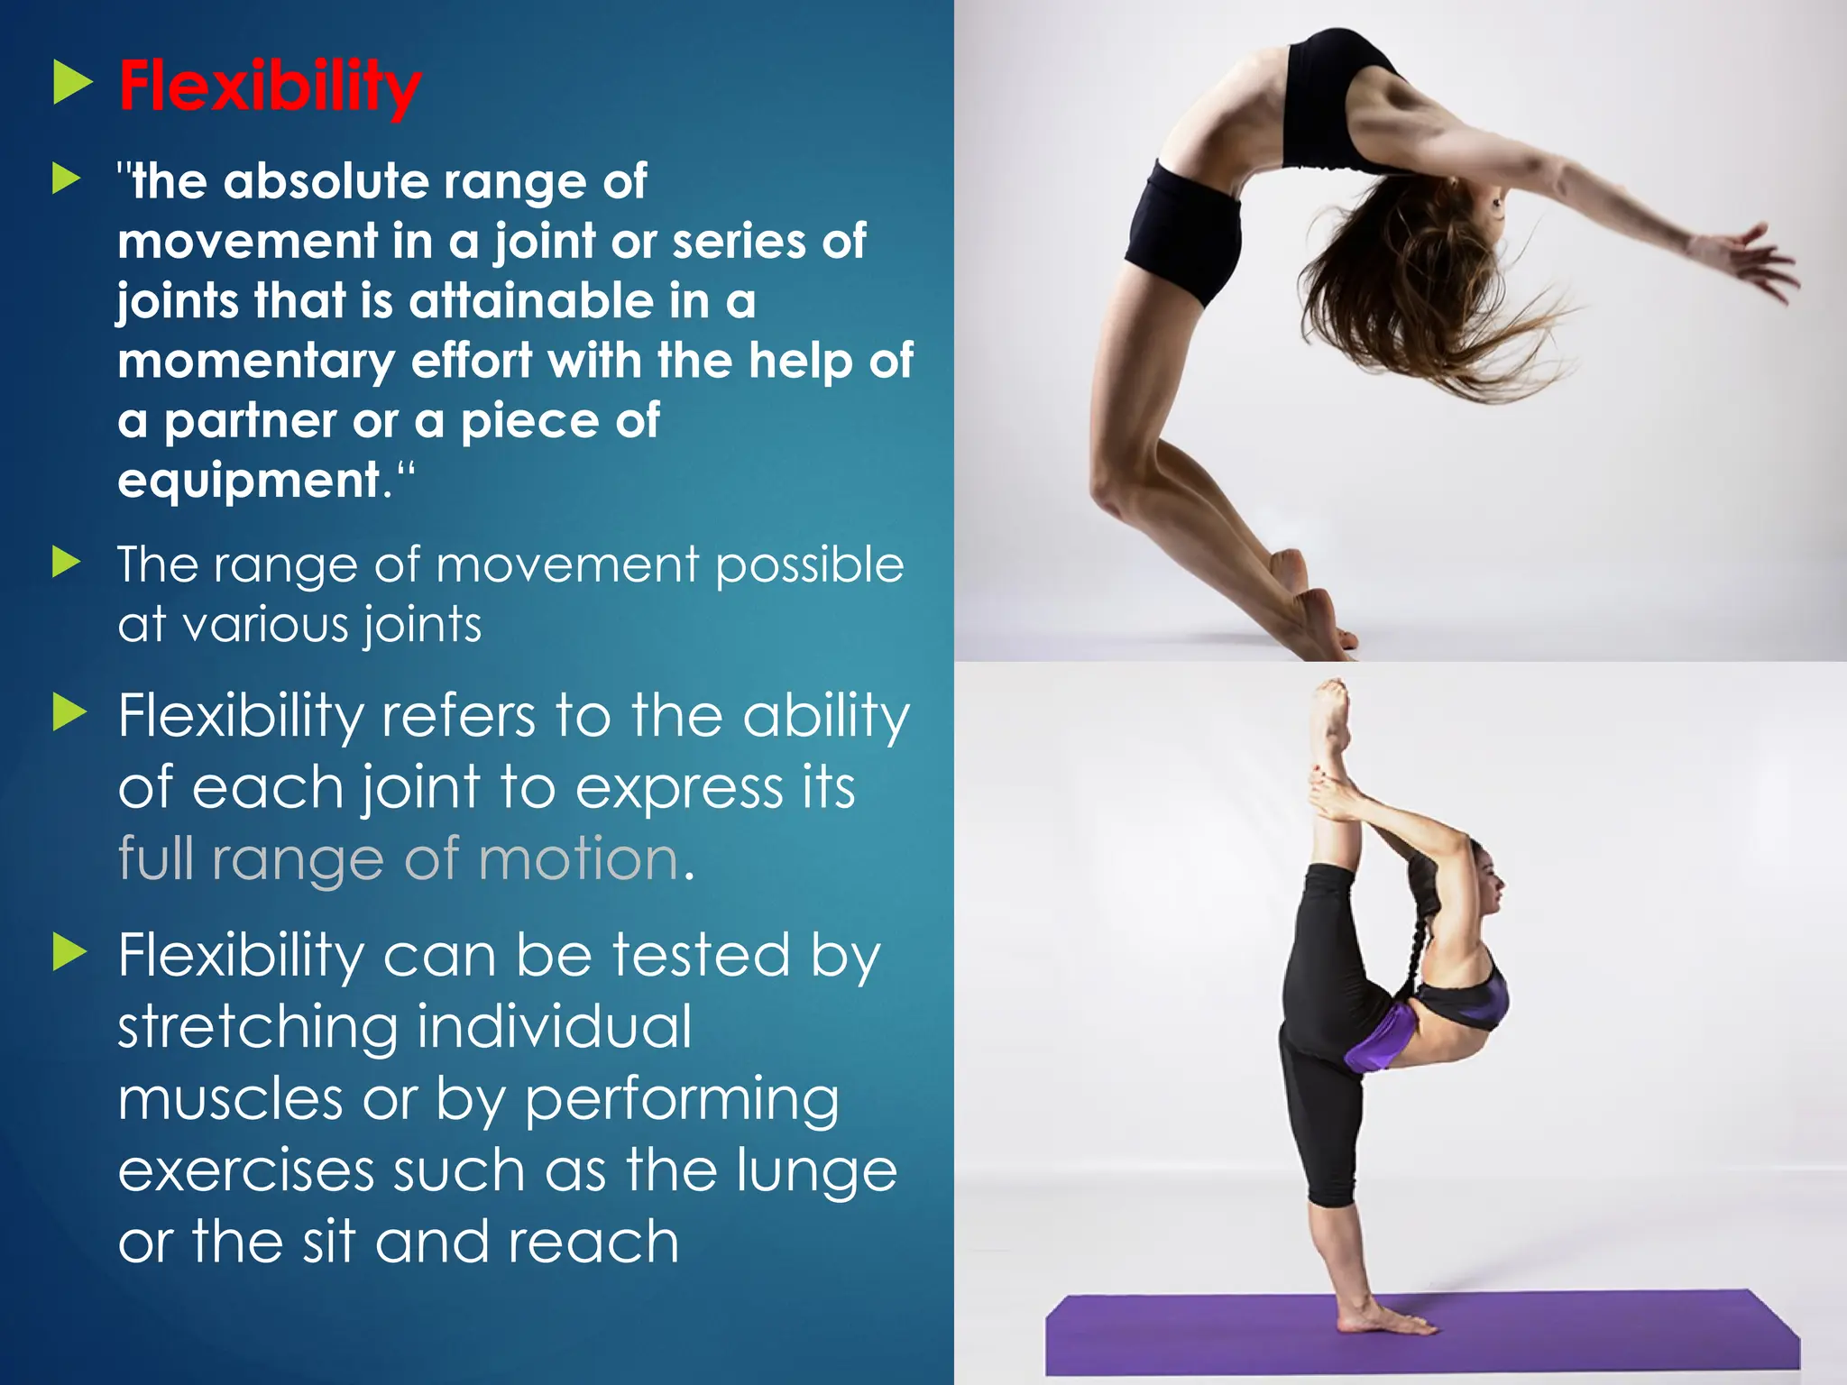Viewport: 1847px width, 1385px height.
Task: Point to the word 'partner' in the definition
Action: coord(250,421)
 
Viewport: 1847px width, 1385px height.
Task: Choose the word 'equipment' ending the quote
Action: coord(249,481)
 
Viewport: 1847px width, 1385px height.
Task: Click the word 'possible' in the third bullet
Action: coord(809,566)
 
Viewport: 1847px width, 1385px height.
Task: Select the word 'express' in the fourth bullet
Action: coord(678,787)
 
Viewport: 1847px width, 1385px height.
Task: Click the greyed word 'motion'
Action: coord(578,858)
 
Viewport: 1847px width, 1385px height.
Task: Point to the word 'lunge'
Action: coord(816,1169)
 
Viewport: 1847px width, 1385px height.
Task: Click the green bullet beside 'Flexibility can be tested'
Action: coord(69,952)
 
